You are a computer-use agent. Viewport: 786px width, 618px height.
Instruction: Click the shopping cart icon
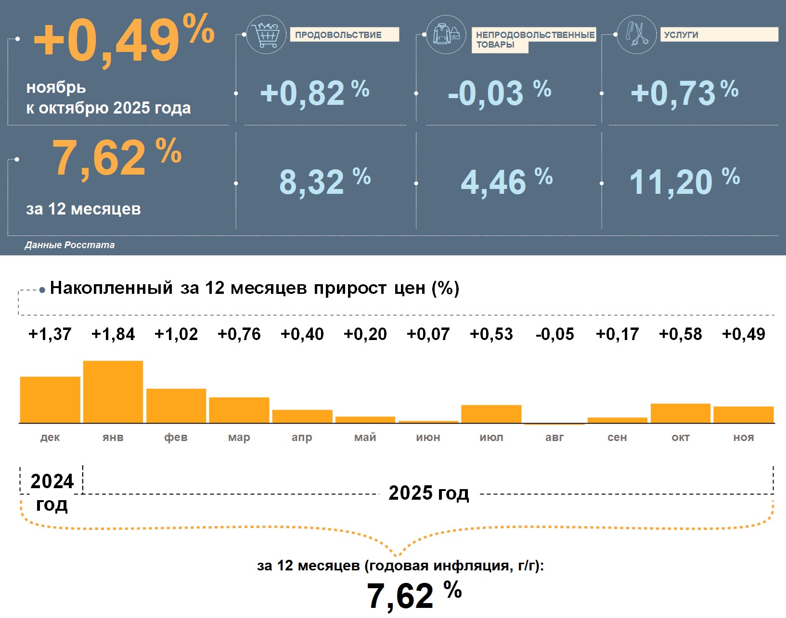pyautogui.click(x=266, y=34)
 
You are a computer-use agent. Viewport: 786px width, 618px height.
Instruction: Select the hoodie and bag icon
pyautogui.click(x=446, y=34)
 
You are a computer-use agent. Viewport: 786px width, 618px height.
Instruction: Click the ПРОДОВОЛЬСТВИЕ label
pyautogui.click(x=344, y=35)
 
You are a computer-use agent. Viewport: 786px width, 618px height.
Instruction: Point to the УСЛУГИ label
pyautogui.click(x=719, y=35)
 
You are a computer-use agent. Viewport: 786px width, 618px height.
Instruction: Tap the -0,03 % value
pyautogui.click(x=499, y=92)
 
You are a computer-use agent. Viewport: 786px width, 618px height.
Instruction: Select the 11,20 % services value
pyautogui.click(x=684, y=182)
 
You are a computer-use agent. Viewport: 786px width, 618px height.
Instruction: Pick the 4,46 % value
pyautogui.click(x=506, y=182)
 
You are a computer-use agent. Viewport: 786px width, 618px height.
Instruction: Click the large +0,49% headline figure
pyautogui.click(x=124, y=39)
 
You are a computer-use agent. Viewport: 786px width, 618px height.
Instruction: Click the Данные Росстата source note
pyautogui.click(x=70, y=245)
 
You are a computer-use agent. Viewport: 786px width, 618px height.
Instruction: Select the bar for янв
pyautogui.click(x=113, y=392)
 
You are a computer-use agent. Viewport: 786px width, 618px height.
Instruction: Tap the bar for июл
pyautogui.click(x=491, y=414)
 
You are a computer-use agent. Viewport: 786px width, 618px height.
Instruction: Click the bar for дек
pyautogui.click(x=50, y=400)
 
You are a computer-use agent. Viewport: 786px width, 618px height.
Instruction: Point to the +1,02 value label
pyautogui.click(x=176, y=334)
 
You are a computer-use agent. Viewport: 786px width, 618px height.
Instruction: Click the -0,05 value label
pyautogui.click(x=554, y=334)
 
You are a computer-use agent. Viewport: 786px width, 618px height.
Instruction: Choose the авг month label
pyautogui.click(x=554, y=437)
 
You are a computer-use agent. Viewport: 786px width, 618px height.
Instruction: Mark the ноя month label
pyautogui.click(x=743, y=437)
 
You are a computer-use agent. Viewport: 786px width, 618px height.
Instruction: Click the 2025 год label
pyautogui.click(x=428, y=493)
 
